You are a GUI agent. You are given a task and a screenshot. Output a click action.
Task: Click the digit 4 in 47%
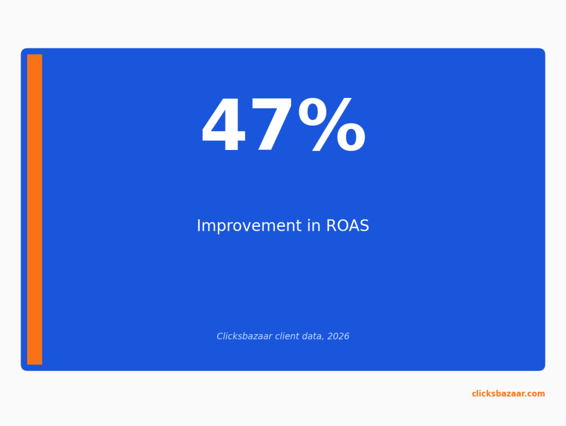(224, 125)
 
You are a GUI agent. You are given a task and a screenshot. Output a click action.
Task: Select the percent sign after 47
(332, 125)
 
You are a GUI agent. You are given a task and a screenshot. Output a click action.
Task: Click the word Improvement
(249, 226)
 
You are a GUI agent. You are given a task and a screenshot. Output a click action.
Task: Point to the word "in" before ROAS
(314, 226)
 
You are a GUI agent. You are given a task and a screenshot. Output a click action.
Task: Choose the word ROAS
(348, 226)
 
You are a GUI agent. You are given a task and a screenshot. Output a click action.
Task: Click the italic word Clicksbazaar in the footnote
(244, 336)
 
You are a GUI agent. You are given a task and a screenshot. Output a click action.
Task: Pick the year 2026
(338, 336)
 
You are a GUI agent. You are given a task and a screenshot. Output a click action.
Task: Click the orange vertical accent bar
(35, 210)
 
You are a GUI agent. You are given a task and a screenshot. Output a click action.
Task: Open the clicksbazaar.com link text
(509, 394)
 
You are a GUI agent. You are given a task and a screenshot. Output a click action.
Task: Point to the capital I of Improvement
(198, 226)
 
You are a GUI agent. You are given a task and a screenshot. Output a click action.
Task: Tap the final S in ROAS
(364, 226)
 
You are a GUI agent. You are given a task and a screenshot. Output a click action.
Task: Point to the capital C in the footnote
(220, 336)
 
